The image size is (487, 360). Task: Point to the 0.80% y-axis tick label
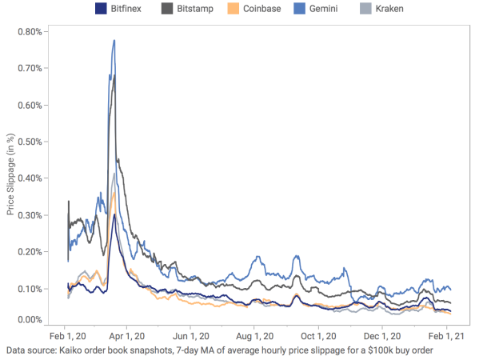[x=31, y=32]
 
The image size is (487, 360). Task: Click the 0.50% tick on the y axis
[x=31, y=141]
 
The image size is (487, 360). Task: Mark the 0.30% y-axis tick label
[x=31, y=214]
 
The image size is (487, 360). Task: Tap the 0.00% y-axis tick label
[x=31, y=321]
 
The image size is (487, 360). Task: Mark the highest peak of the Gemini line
[x=115, y=40]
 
